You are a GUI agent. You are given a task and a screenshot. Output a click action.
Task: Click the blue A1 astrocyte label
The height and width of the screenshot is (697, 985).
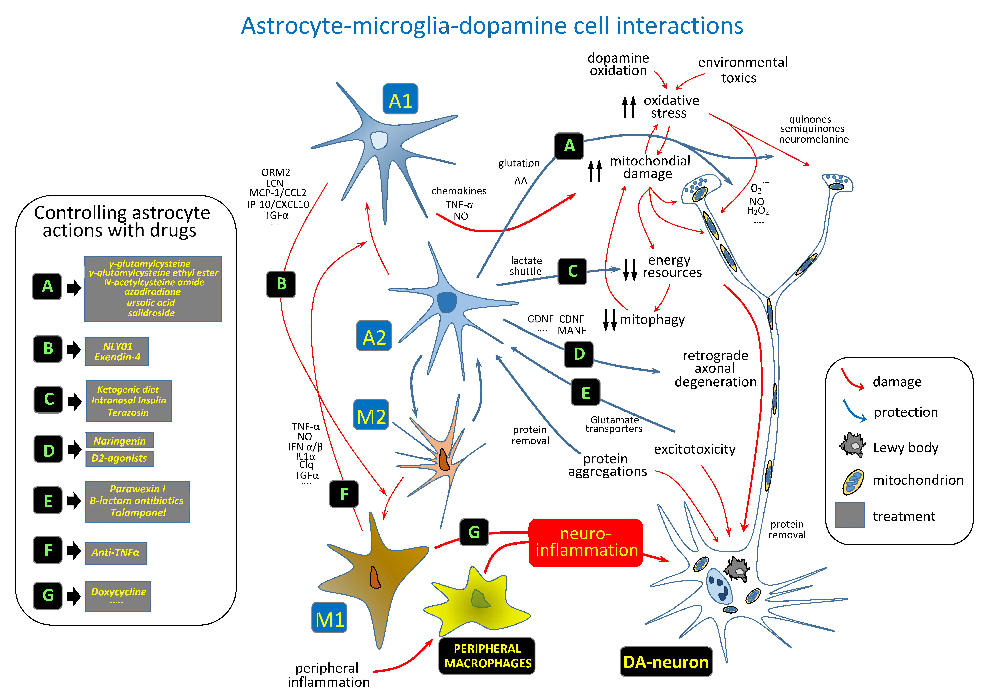(x=400, y=99)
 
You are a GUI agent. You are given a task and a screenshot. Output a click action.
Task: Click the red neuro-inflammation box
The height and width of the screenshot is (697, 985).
(x=586, y=542)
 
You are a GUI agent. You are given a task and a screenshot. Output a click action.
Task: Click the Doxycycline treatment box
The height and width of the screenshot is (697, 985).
(x=118, y=596)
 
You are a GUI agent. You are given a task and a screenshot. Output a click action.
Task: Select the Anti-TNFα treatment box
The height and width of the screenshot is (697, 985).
(x=116, y=553)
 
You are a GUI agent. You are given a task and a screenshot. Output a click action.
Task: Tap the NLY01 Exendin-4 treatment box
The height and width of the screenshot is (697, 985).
(x=117, y=352)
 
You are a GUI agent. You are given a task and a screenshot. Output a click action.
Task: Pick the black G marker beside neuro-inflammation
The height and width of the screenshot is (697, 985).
(x=474, y=532)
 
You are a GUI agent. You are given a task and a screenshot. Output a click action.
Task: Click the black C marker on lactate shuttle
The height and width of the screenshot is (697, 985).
(x=572, y=271)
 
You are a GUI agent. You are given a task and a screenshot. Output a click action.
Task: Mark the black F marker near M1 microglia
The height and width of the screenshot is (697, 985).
(x=344, y=494)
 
